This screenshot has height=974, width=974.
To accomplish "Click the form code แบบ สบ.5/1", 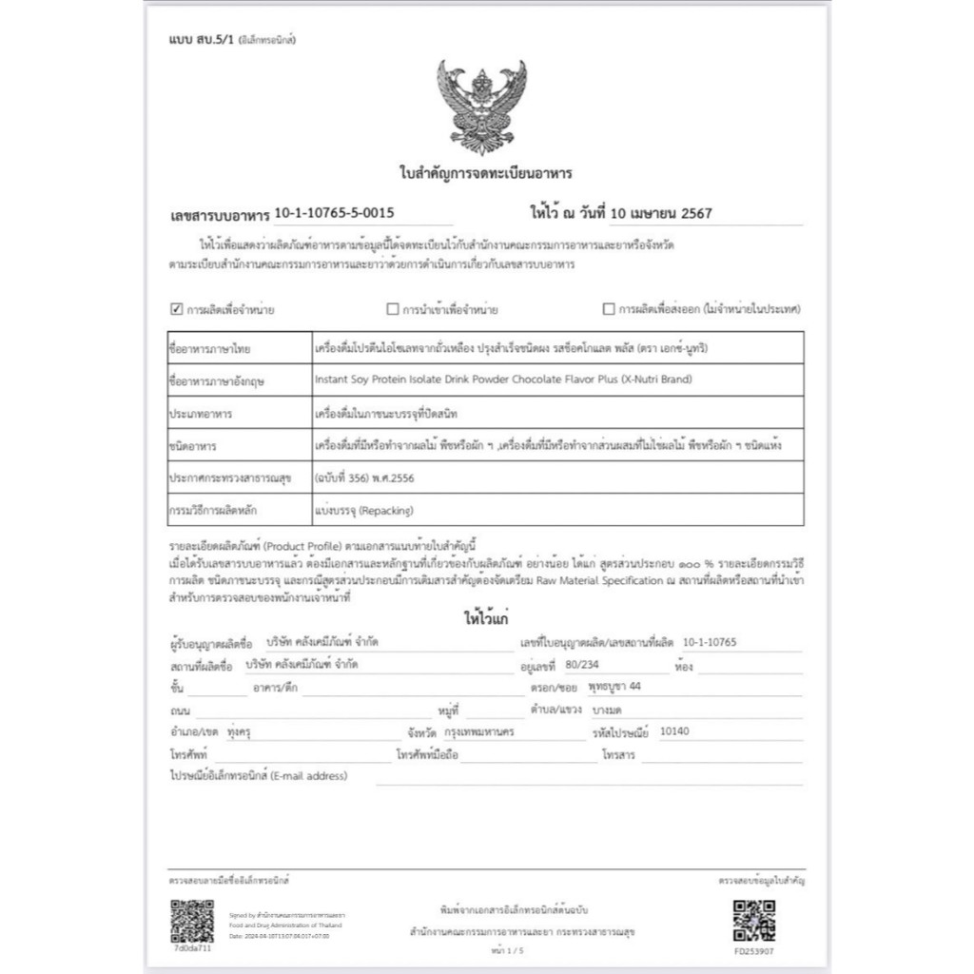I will [203, 40].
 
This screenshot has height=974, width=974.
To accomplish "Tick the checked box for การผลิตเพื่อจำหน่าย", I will [175, 309].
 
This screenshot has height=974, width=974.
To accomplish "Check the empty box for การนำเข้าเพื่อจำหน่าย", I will [392, 309].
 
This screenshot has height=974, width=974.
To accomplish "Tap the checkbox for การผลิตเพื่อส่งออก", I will [609, 309].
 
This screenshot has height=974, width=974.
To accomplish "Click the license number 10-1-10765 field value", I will [710, 642].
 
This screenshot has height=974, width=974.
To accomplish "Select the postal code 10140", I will [673, 732].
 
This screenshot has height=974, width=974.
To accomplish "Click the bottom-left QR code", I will [192, 919].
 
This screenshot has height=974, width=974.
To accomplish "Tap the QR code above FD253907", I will [754, 919].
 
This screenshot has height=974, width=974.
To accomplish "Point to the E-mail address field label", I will [258, 776].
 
